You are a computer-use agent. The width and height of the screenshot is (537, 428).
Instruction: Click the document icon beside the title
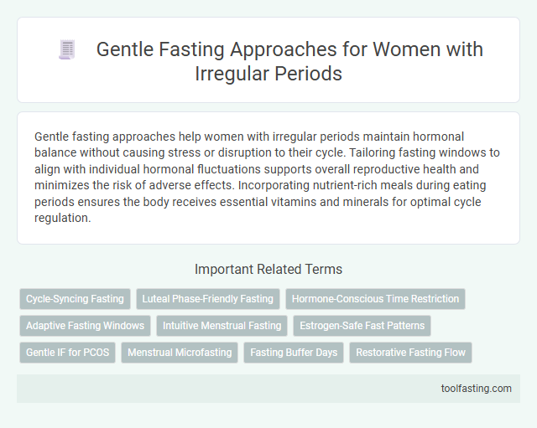pyautogui.click(x=66, y=50)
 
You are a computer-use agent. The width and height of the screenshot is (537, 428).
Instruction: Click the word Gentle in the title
pyautogui.click(x=123, y=49)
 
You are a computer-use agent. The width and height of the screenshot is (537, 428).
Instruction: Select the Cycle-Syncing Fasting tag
pyautogui.click(x=75, y=299)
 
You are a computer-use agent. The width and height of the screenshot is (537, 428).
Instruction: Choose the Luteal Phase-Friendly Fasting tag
pyautogui.click(x=208, y=299)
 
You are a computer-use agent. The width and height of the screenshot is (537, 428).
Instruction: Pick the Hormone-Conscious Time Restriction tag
pyautogui.click(x=375, y=299)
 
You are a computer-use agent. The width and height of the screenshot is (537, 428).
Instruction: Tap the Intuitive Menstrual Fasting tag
pyautogui.click(x=221, y=326)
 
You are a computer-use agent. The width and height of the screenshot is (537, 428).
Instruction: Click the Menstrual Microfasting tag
pyautogui.click(x=180, y=353)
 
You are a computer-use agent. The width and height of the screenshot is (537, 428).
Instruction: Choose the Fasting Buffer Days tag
pyautogui.click(x=294, y=353)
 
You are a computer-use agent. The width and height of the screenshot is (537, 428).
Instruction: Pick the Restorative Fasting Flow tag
pyautogui.click(x=410, y=353)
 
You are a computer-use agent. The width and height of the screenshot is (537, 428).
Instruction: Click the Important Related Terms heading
pyautogui.click(x=268, y=270)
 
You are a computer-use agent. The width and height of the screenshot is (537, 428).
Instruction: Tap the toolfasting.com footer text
pyautogui.click(x=477, y=389)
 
